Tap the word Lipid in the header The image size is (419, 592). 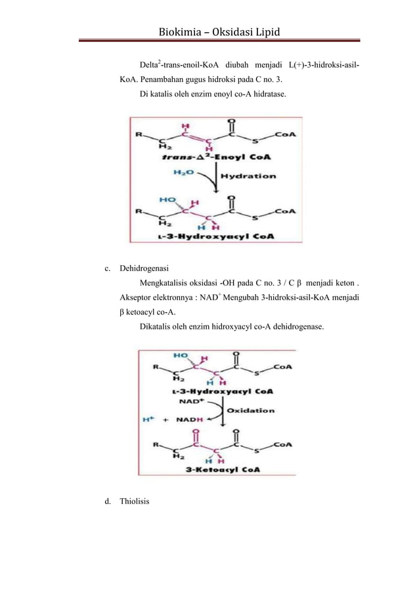(270, 32)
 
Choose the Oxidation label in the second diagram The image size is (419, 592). (251, 410)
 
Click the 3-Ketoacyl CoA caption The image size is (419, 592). (217, 470)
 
